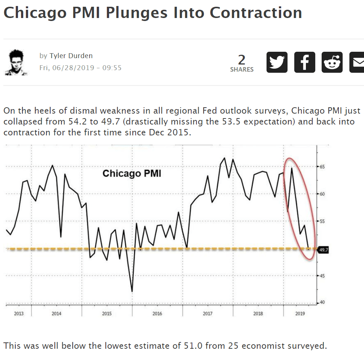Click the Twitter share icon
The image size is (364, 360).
(277, 62)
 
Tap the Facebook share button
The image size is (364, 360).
(305, 62)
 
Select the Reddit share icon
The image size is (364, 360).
(332, 62)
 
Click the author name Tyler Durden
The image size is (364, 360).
(71, 56)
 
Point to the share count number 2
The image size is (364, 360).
(242, 60)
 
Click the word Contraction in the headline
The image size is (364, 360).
(256, 13)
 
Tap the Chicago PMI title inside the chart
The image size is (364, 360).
(132, 174)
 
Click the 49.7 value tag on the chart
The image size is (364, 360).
(323, 249)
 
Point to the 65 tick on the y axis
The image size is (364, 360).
(322, 166)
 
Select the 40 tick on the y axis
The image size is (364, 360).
(322, 303)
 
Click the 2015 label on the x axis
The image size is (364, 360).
(107, 313)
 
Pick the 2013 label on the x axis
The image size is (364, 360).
(19, 313)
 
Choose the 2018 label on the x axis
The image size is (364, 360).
(258, 313)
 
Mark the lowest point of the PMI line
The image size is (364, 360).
(132, 291)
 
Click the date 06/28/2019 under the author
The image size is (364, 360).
(71, 68)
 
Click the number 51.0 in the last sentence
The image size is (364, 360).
(193, 345)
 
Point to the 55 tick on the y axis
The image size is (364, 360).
(322, 221)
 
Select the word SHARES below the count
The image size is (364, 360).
(242, 69)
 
